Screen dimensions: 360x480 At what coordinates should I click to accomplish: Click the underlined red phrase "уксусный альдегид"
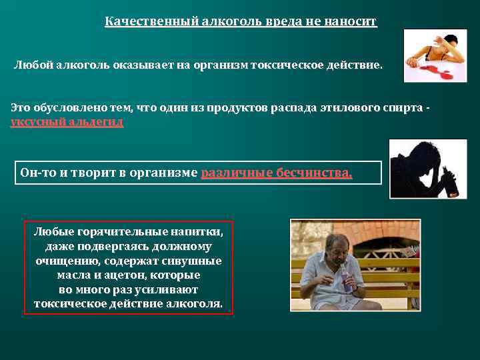click(67, 122)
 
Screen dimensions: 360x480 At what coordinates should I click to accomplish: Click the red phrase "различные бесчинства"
click(276, 173)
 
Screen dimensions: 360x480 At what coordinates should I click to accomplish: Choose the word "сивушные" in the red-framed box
click(195, 261)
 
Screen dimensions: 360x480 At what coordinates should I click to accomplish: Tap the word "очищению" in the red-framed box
click(66, 261)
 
